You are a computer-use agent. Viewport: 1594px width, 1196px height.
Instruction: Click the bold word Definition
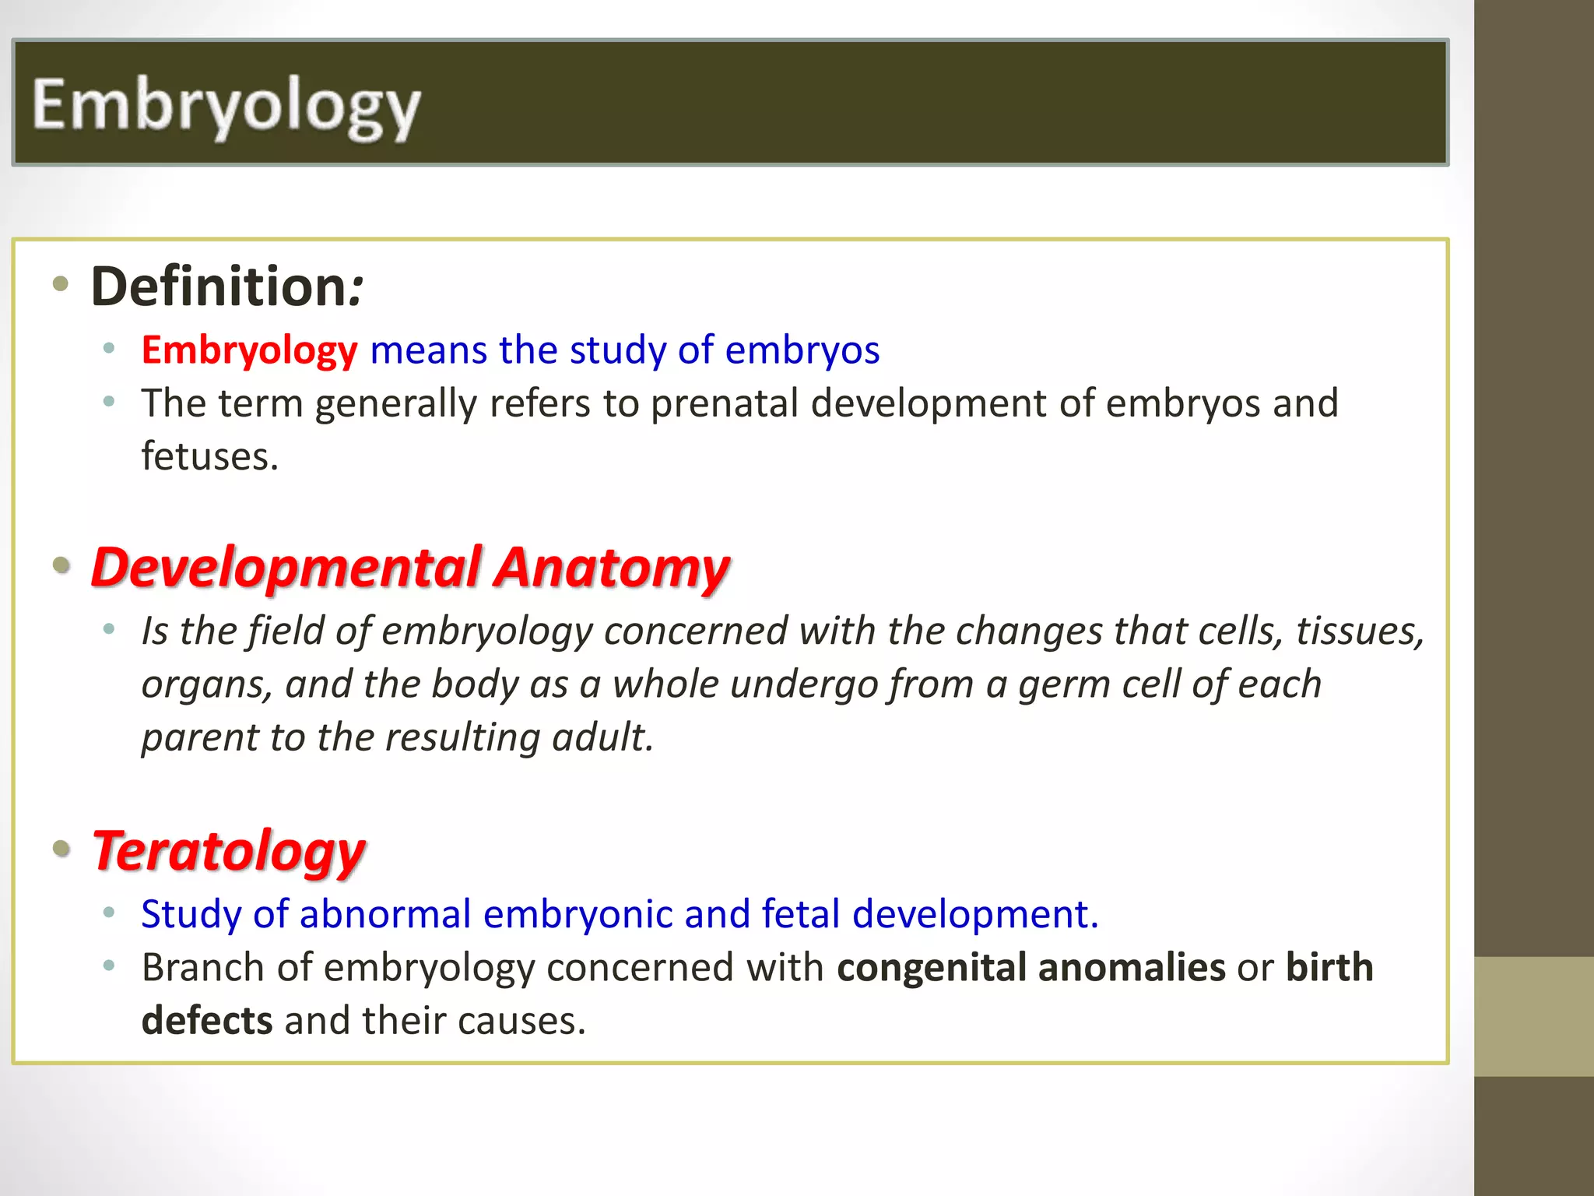218,287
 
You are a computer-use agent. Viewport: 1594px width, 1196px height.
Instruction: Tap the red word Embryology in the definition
249,350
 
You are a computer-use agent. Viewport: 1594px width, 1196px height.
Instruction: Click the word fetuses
209,456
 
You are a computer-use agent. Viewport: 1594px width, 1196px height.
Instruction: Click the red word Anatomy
612,568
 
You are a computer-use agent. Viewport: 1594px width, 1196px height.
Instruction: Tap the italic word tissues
1359,631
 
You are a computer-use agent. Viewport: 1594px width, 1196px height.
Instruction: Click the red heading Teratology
229,851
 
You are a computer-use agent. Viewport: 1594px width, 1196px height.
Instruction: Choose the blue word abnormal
384,914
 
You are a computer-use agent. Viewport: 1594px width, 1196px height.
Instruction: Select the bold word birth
1329,968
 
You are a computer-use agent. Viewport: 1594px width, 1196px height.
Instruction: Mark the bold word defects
207,1021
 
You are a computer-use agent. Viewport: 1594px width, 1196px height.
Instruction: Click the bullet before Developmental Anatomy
61,566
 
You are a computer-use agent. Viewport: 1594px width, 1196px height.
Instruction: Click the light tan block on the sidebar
1533,1016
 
